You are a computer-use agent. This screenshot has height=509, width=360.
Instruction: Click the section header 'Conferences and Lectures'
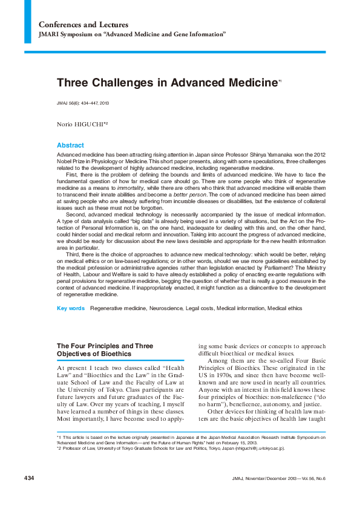click(83, 25)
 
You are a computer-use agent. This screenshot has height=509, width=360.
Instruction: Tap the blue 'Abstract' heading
click(70, 146)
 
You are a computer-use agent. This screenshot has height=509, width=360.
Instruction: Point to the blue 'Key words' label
click(70, 308)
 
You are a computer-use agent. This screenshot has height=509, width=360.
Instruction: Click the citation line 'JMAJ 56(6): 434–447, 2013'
click(83, 103)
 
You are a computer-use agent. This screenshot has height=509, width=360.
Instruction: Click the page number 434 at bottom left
click(29, 478)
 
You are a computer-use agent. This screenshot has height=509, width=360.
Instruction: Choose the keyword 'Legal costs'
click(201, 308)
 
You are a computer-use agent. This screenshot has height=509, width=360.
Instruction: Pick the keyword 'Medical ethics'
click(285, 308)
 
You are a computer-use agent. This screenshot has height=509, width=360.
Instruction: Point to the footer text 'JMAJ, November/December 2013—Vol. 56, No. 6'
click(278, 478)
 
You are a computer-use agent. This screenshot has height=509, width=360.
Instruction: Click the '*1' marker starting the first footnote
click(59, 436)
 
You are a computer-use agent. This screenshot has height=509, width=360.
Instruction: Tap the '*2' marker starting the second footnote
click(59, 449)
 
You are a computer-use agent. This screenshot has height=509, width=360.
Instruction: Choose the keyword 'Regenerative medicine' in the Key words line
click(118, 308)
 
